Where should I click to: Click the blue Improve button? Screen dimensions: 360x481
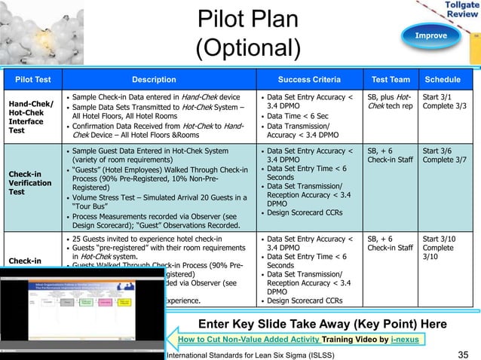pos(430,35)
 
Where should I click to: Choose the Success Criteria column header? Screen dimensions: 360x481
pos(308,79)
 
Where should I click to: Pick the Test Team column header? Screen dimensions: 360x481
pos(391,79)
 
